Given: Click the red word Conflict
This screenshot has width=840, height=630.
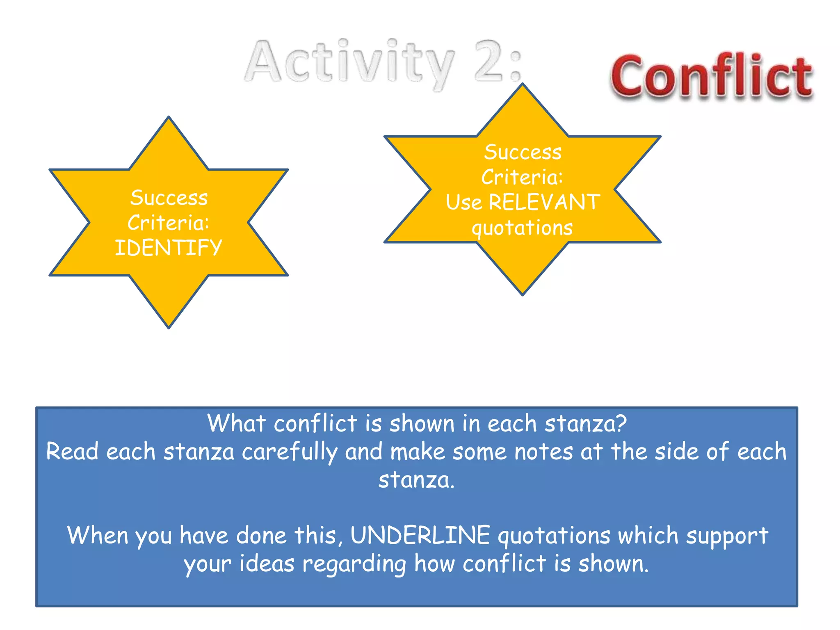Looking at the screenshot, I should (712, 77).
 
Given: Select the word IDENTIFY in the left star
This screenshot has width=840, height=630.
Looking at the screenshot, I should (168, 248).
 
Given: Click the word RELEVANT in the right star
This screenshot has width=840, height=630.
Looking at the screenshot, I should (544, 202).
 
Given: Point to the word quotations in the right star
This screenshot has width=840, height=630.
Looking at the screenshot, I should (522, 228).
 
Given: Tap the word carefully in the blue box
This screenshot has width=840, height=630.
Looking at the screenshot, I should (290, 452).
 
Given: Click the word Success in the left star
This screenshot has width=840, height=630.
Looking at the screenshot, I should (169, 198).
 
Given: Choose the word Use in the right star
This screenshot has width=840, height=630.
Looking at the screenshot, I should (464, 203).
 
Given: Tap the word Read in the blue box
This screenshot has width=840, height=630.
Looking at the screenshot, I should (72, 452).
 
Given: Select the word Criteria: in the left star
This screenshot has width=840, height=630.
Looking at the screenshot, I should (168, 223).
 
